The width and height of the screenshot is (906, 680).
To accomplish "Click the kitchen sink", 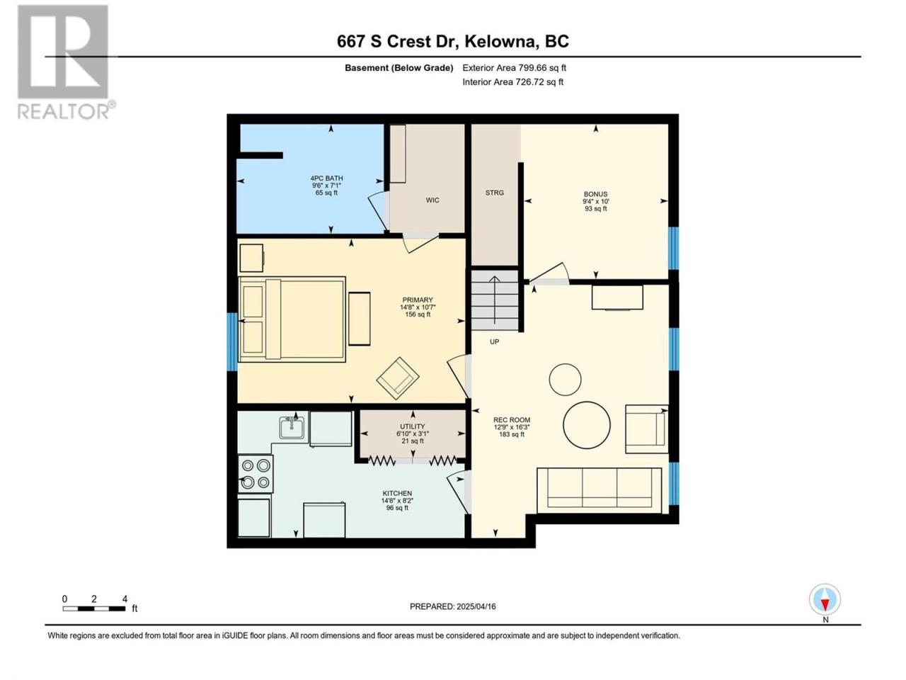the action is (292, 427).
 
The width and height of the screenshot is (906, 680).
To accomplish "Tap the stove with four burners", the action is (255, 474).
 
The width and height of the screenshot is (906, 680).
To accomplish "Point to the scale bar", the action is (93, 608).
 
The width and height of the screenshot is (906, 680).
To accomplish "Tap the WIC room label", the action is (432, 200).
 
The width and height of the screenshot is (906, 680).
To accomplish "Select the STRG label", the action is (495, 193).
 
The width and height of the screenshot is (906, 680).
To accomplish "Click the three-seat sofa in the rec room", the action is (599, 490).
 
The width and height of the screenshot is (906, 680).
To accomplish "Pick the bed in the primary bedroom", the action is (292, 319).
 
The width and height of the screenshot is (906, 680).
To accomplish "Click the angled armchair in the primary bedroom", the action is (398, 378).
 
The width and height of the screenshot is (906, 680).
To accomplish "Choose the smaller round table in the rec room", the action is (565, 380).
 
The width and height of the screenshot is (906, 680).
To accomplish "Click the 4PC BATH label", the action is (326, 178).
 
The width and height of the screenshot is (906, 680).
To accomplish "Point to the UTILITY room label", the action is (413, 426).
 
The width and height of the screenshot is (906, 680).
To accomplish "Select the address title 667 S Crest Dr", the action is (398, 42).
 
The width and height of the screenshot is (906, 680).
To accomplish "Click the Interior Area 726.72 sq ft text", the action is (512, 81).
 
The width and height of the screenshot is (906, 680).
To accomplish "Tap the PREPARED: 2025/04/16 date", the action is (453, 606).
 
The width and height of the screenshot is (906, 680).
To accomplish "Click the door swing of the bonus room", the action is (549, 273).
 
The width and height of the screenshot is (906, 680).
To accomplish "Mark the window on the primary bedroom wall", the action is (232, 342).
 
